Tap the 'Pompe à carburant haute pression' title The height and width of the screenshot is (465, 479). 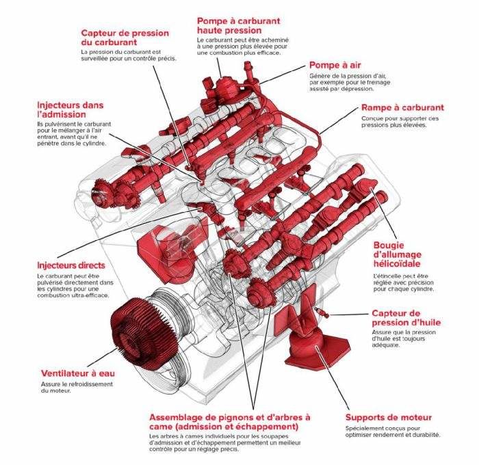[x=238, y=26]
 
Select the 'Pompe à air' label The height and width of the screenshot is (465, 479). [x=335, y=65]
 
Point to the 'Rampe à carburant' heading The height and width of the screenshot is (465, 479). [x=402, y=107]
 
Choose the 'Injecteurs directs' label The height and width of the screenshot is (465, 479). [x=71, y=265]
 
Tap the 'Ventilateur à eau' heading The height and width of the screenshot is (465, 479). [x=77, y=373]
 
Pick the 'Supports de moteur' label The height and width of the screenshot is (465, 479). [x=388, y=417]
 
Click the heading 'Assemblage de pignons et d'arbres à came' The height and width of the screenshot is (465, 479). [x=229, y=421]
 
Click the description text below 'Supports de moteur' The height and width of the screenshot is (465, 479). [x=392, y=431]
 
